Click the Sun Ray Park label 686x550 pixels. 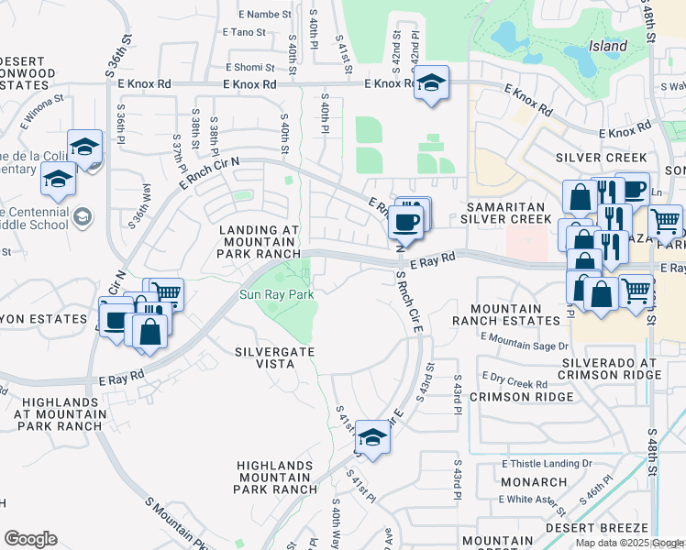(277, 295)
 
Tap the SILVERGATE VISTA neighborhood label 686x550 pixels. (264, 357)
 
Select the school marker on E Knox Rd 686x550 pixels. (430, 85)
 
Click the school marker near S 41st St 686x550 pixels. (371, 437)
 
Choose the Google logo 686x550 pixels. (30, 538)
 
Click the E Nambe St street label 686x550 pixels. (264, 15)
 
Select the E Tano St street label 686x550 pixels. (243, 32)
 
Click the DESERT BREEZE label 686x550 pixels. (598, 528)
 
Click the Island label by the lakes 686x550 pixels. (607, 46)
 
